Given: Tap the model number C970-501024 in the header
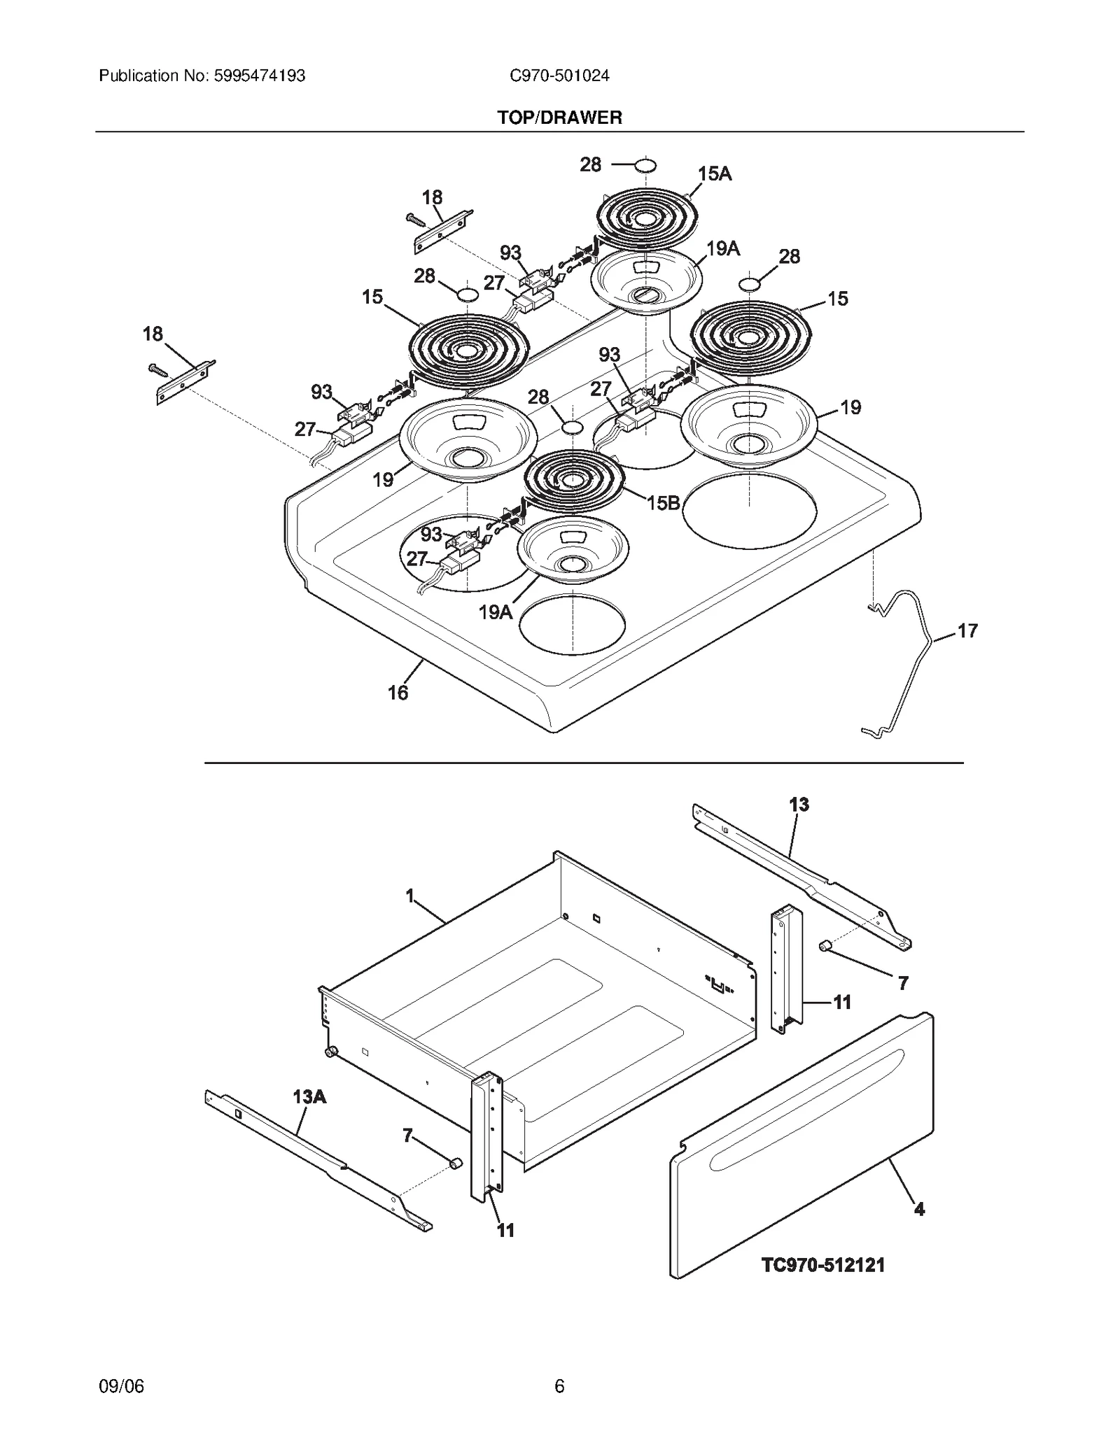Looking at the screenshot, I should (559, 76).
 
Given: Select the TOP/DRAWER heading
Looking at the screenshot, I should (559, 118).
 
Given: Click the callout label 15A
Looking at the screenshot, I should (714, 174).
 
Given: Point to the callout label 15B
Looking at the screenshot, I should (663, 502).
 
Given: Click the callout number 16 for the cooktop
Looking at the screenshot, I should (398, 693).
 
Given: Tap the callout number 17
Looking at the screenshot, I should (967, 631).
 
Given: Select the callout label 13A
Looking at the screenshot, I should (309, 1096).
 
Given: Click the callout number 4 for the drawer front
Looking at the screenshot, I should (919, 1209).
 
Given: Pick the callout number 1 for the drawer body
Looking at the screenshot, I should (410, 896).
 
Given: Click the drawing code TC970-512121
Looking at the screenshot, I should (822, 1265).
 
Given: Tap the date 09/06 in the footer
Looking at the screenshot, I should (121, 1386).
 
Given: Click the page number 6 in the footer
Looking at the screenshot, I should (559, 1386).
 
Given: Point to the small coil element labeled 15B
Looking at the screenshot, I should (573, 480).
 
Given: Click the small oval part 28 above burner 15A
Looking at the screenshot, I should (645, 165).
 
